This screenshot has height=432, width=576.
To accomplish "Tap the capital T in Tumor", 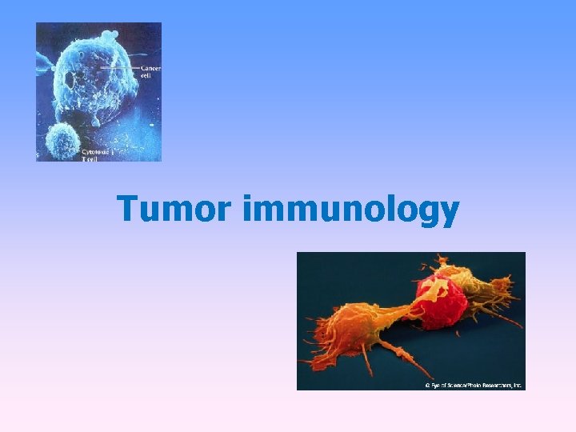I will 127,210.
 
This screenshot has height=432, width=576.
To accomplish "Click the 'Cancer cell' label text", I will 150,72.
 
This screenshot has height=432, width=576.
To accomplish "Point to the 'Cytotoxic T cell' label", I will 93,154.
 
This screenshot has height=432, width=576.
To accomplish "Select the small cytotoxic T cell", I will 62,142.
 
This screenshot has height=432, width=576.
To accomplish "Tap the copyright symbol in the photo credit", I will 428,385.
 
